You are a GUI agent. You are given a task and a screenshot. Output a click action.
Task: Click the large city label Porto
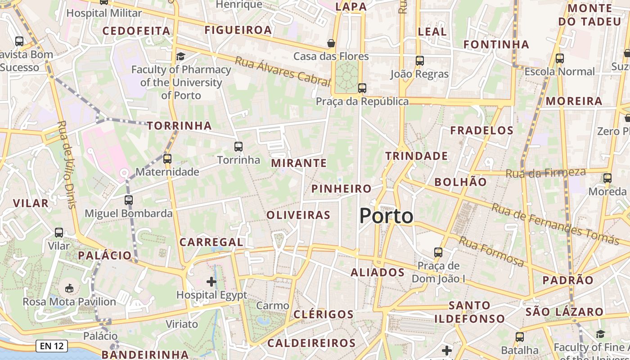click(x=386, y=216)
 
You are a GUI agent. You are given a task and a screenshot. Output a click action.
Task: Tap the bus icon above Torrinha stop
click(x=238, y=146)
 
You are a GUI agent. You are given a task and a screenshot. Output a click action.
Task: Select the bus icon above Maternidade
click(x=167, y=158)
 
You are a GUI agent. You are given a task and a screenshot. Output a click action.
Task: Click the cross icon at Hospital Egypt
click(x=211, y=282)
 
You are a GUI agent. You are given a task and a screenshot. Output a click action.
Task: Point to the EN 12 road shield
click(x=52, y=346)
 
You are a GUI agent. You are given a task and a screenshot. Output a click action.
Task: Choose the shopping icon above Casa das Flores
click(x=331, y=43)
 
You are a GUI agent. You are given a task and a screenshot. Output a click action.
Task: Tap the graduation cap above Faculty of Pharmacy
click(x=180, y=56)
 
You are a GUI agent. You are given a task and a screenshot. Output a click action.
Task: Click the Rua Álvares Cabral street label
click(x=283, y=71)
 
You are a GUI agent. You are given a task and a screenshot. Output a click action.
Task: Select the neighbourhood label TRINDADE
click(x=417, y=156)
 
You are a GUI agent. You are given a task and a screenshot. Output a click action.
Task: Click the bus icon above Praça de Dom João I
click(x=438, y=252)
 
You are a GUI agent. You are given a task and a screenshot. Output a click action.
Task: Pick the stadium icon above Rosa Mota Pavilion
click(x=69, y=288)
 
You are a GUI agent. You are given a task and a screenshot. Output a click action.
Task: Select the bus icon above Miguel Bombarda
click(x=129, y=200)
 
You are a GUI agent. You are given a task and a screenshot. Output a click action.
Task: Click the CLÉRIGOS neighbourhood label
click(x=324, y=314)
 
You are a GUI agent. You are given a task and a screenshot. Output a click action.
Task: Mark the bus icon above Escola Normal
click(x=560, y=58)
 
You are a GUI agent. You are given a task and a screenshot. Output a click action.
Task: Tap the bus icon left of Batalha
click(x=520, y=337)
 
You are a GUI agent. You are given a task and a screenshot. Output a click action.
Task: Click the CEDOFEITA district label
click(x=136, y=31)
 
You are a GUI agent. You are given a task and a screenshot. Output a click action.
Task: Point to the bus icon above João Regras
click(x=420, y=60)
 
